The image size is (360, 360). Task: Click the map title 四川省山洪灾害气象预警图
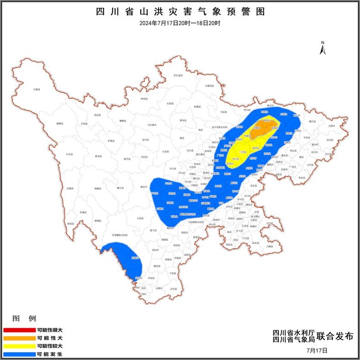(x=180, y=12)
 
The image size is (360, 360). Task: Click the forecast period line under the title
(x=180, y=23)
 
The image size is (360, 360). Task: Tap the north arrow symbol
(x=322, y=47)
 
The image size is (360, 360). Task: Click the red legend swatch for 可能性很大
(x=19, y=330)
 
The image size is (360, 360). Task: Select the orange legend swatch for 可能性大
(x=19, y=338)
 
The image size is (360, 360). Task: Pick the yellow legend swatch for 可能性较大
(x=19, y=346)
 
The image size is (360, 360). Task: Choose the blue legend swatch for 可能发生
(x=19, y=354)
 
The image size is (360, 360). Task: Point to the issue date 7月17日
(x=317, y=350)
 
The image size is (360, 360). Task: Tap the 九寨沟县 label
(x=209, y=86)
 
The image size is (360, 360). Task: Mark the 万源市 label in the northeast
(x=331, y=125)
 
